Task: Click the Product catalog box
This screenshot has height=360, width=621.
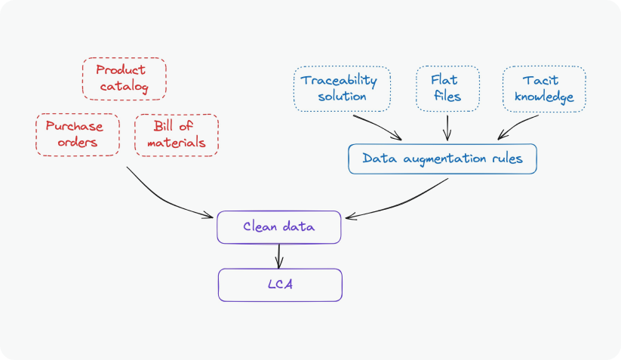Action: [123, 79]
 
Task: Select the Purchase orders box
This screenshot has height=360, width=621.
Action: [77, 134]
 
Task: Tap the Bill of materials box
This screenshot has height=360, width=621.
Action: [176, 134]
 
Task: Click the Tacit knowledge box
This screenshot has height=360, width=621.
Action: [543, 88]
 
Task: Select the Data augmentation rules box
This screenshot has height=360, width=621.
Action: [441, 158]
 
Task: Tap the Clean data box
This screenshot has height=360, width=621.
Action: [279, 227]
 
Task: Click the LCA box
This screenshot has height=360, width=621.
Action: [280, 285]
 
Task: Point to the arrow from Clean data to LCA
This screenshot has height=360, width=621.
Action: [280, 255]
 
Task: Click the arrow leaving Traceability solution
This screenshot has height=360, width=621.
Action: [377, 126]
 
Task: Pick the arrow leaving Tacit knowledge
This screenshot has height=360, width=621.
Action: [519, 125]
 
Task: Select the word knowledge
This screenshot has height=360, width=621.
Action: [543, 97]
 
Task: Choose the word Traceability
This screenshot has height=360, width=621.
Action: [339, 80]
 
